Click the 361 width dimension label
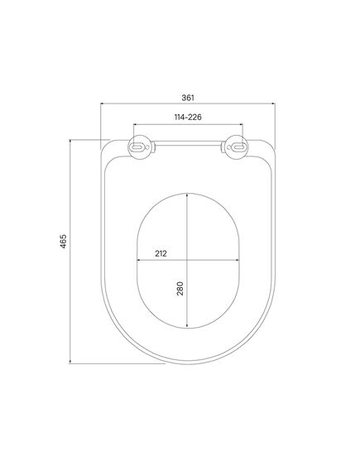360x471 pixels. [188, 98]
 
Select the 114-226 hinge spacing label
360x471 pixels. [188, 117]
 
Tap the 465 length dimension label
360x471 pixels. [63, 241]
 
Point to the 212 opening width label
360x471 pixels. [161, 253]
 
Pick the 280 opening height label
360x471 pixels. [180, 288]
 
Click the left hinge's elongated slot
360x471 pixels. [138, 147]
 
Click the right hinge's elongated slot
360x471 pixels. [238, 147]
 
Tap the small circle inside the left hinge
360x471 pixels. [147, 147]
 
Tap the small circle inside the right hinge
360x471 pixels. [228, 147]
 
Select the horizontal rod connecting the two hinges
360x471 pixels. [188, 143]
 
